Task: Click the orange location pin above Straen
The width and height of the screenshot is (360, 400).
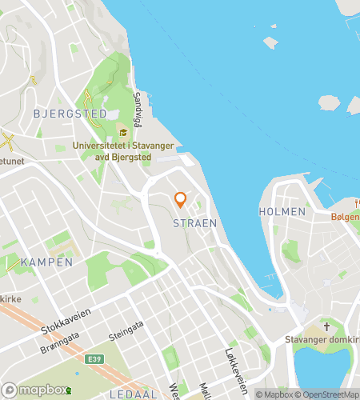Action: tap(180, 200)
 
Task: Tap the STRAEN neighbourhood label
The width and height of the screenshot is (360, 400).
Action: tap(194, 223)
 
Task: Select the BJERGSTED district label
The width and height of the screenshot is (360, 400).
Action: tap(70, 114)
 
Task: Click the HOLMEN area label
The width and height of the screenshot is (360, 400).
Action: tap(282, 211)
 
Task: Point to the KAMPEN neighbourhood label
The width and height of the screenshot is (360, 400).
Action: tap(46, 262)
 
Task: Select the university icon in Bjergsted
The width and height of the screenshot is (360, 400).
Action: tap(123, 132)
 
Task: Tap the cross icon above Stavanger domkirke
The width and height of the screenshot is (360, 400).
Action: tap(326, 326)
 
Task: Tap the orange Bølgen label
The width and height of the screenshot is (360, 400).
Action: tap(345, 217)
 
